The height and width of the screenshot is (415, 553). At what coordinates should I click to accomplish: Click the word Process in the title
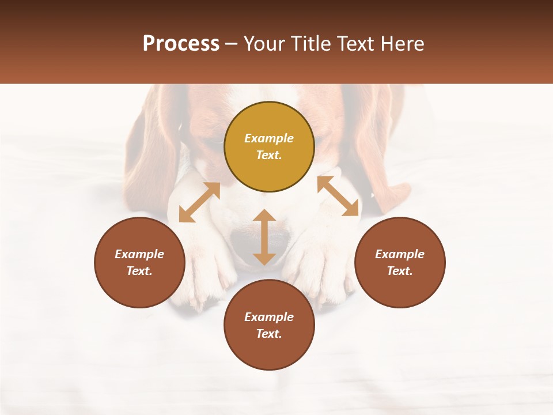point(181,44)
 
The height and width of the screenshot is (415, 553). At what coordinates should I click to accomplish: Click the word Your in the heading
point(265,44)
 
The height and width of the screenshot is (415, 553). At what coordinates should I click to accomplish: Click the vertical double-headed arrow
point(264,237)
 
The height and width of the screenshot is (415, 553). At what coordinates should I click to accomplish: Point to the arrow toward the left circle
point(199,202)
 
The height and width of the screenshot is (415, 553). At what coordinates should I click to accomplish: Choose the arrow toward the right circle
point(338,196)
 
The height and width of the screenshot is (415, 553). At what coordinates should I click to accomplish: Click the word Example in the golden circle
point(269,138)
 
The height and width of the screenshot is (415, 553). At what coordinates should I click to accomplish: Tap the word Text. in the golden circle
point(269,155)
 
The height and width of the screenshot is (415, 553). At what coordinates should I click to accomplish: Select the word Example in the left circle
point(139,254)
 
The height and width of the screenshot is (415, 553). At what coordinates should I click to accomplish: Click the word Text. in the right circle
point(400,271)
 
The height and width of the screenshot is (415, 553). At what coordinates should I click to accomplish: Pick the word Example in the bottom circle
point(269,317)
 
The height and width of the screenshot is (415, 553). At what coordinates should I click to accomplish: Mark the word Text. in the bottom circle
point(269,334)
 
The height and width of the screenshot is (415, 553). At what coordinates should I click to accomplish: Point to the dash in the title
point(232,44)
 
